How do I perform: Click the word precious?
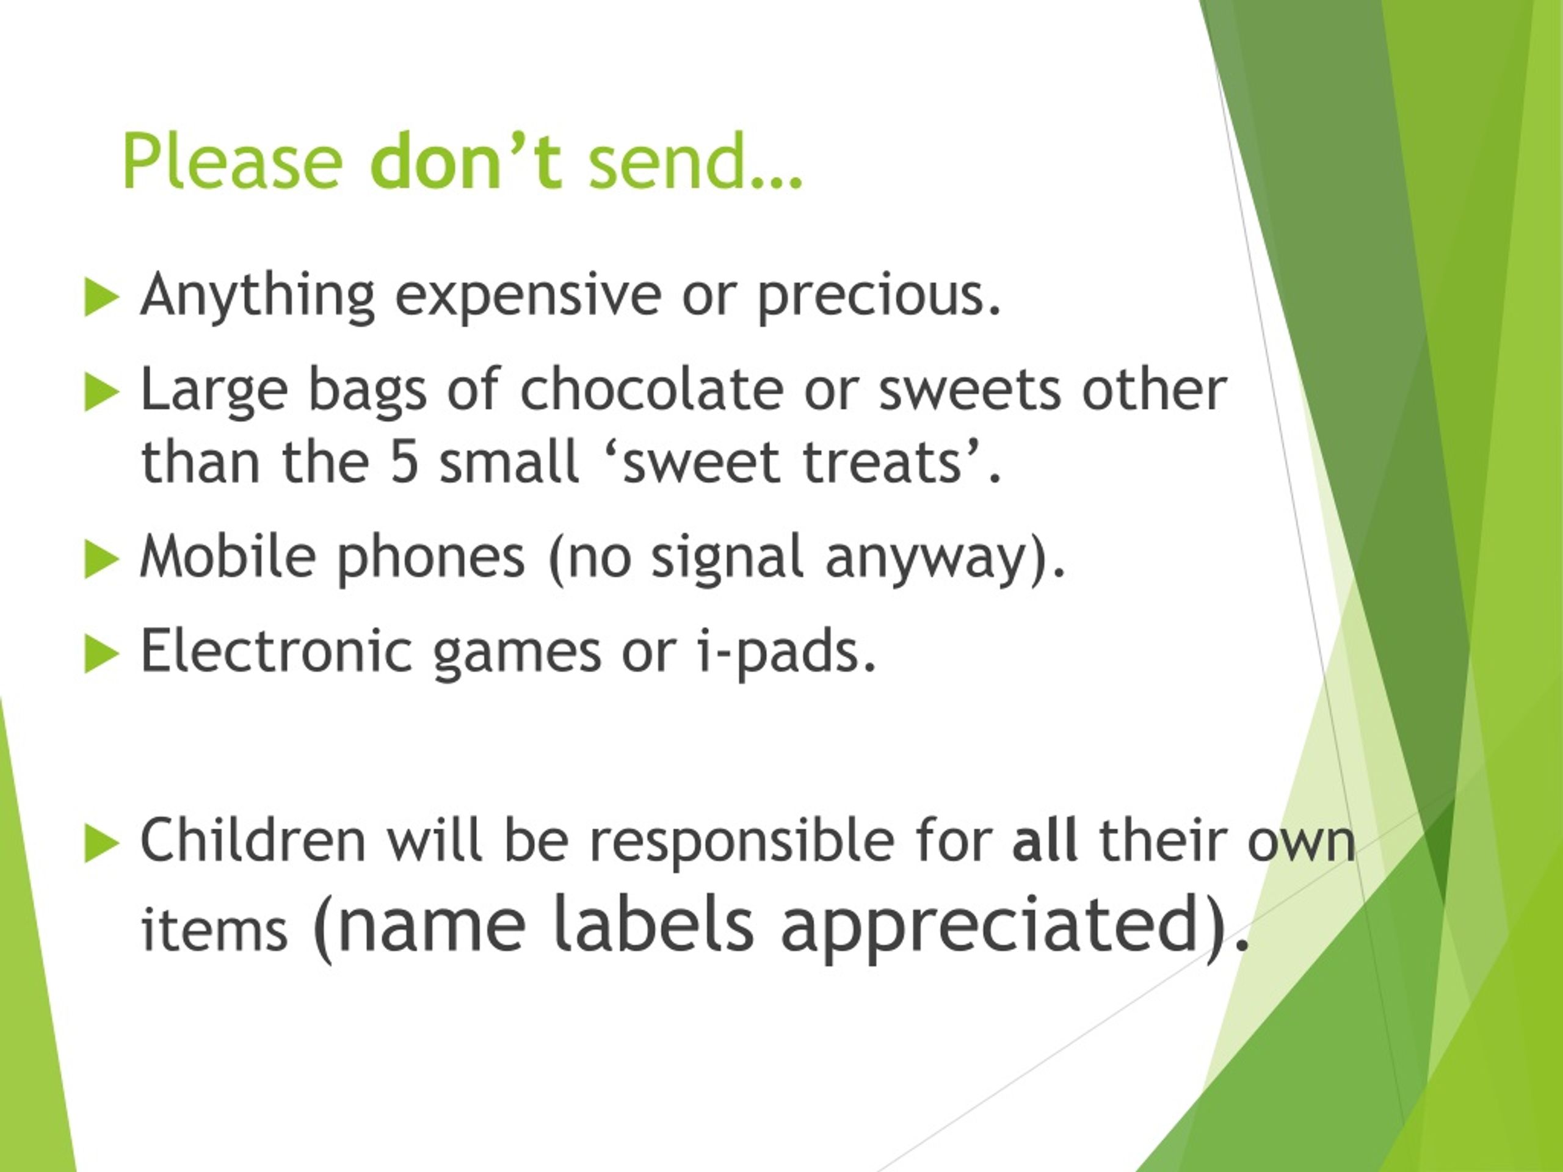point(879,297)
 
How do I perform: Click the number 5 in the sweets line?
point(405,461)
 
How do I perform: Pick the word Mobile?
point(228,556)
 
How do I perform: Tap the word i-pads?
point(788,652)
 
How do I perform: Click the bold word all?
point(1046,839)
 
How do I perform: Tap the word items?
point(215,930)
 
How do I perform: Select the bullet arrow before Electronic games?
point(101,654)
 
